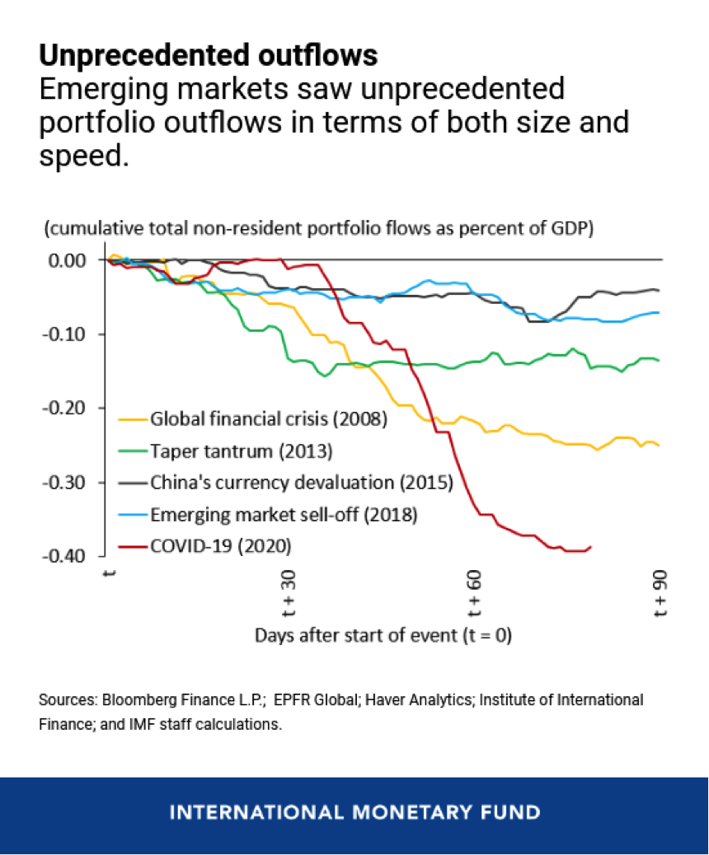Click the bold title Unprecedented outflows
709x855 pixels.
pos(208,55)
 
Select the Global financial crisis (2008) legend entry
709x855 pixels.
pos(267,419)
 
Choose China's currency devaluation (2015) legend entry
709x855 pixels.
pos(301,483)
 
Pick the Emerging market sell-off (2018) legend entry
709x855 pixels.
pos(284,514)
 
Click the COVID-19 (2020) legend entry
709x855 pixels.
pos(220,545)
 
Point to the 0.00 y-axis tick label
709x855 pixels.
pos(67,260)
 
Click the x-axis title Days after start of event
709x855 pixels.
pos(383,635)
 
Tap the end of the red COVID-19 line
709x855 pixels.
pos(591,546)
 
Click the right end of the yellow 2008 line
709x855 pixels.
pos(658,445)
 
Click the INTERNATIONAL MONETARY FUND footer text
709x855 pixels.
pos(354,812)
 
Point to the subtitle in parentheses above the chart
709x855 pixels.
pos(318,228)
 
